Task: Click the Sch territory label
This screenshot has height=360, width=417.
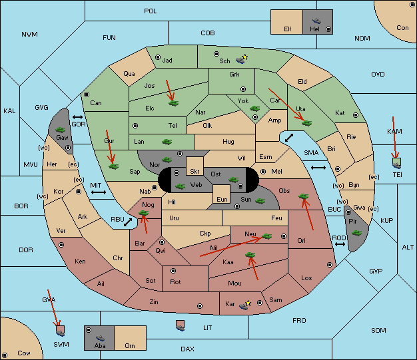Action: coord(224,61)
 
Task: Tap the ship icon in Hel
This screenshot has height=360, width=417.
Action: coord(316,21)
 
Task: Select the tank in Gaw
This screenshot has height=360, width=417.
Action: coord(60,130)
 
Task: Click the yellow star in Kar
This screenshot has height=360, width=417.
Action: coord(248,303)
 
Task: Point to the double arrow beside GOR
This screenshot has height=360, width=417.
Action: coord(77,117)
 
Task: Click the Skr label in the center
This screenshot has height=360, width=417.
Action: coord(195,172)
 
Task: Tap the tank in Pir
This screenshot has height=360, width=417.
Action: coord(356,233)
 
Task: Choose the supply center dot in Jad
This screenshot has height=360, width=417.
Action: coord(158,57)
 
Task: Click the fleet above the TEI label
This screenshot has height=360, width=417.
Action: coord(397,163)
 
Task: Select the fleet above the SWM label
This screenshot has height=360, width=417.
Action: coord(61,331)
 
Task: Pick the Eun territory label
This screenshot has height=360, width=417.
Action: coord(222,199)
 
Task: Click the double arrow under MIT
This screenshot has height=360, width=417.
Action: coord(99,192)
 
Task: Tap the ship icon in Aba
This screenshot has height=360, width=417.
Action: coord(101,338)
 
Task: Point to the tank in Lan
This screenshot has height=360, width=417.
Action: coord(167,142)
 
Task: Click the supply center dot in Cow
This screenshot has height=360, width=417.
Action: coord(5,355)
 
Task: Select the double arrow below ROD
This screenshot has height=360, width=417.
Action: coord(340,244)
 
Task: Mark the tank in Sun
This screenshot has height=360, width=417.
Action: coord(260,201)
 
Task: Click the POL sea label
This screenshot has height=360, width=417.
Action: coord(151,11)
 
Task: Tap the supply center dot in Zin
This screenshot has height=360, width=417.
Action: coord(200,306)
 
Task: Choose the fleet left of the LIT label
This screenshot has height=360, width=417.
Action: coord(181,325)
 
